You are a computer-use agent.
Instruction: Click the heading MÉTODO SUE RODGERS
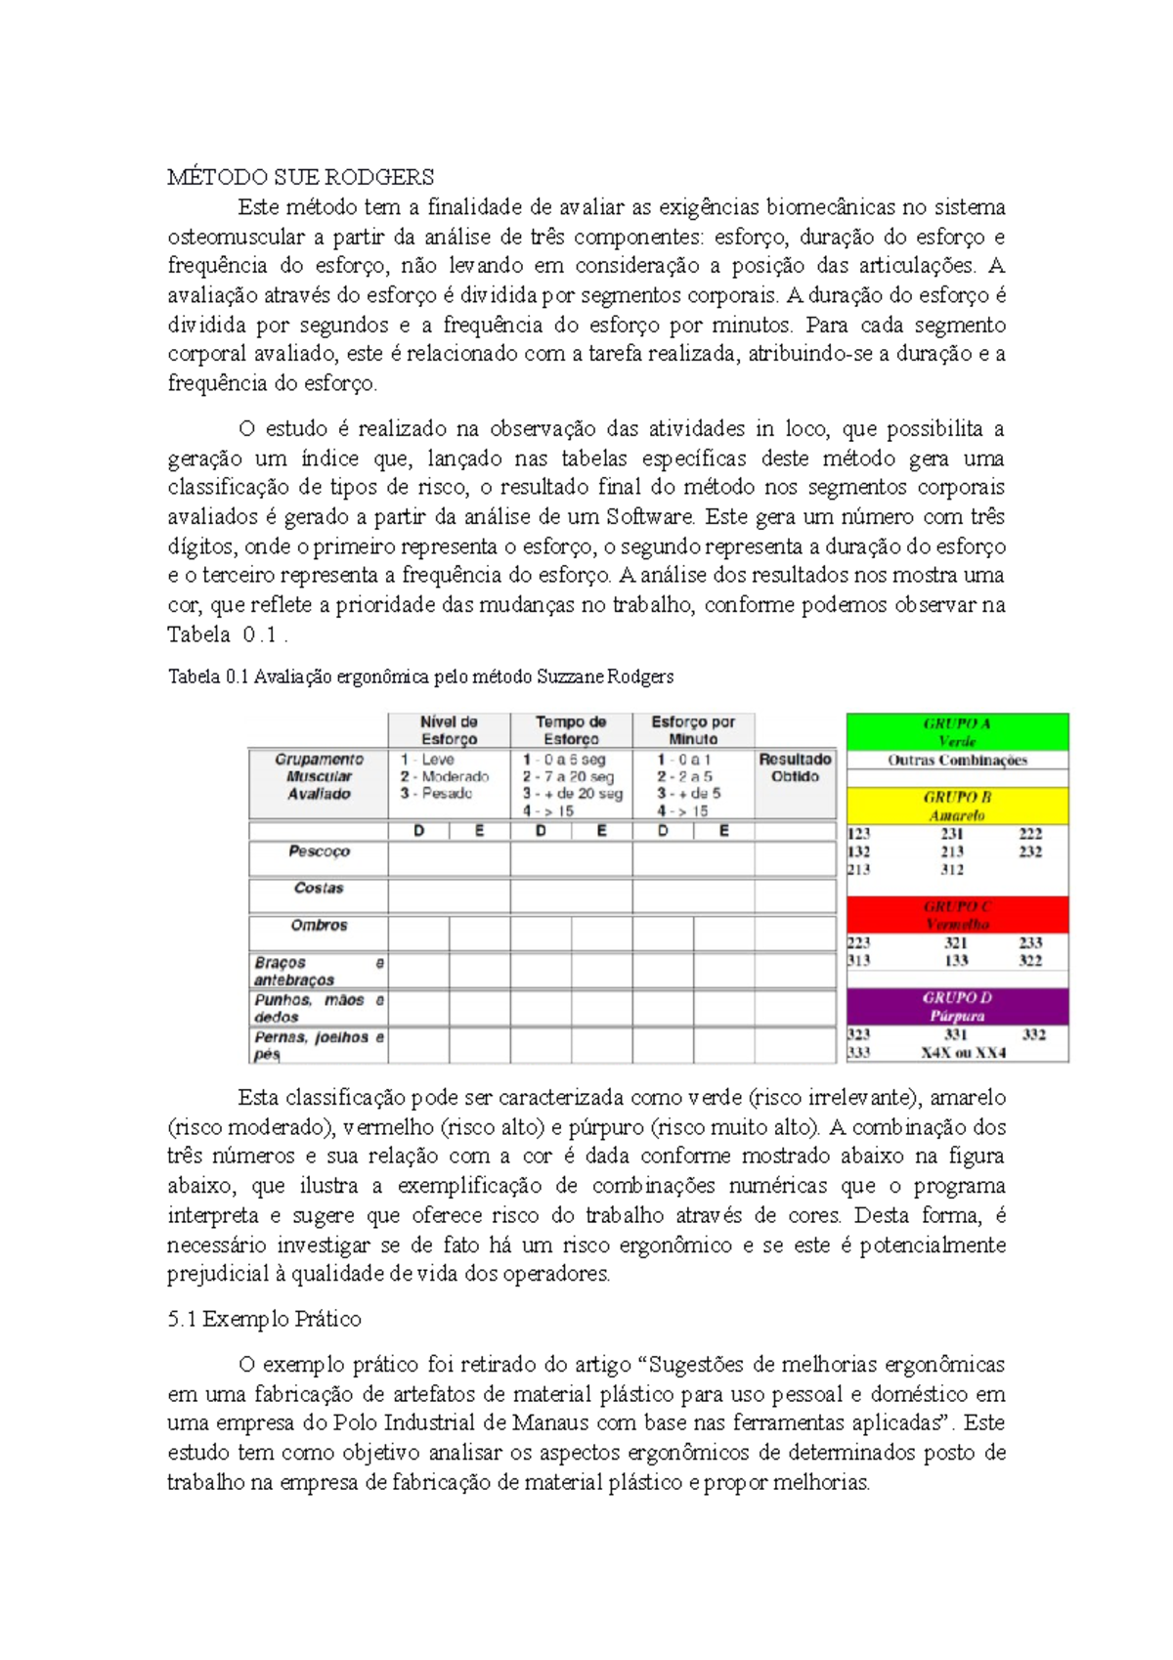click(x=300, y=177)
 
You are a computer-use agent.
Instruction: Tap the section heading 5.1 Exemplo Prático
click(x=264, y=1319)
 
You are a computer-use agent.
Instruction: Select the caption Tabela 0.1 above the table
click(x=420, y=677)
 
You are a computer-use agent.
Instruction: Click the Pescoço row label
click(x=319, y=852)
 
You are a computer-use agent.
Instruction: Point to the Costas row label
click(x=319, y=888)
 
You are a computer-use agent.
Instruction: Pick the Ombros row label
click(x=319, y=925)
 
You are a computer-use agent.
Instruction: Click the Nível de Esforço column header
click(x=449, y=730)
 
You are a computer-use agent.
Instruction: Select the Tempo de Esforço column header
click(x=571, y=730)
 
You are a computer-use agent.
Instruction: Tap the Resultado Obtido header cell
click(x=795, y=767)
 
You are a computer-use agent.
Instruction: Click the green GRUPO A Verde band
click(x=957, y=731)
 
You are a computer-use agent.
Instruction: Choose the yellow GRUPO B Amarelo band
click(x=957, y=806)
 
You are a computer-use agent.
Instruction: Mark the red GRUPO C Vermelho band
click(x=957, y=915)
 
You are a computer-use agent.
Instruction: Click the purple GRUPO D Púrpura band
click(x=957, y=1006)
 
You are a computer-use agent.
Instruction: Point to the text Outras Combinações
click(x=957, y=760)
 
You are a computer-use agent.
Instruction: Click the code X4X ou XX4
click(x=963, y=1053)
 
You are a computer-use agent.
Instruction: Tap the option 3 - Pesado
click(x=437, y=793)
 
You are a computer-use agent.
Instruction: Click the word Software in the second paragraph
click(x=650, y=516)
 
